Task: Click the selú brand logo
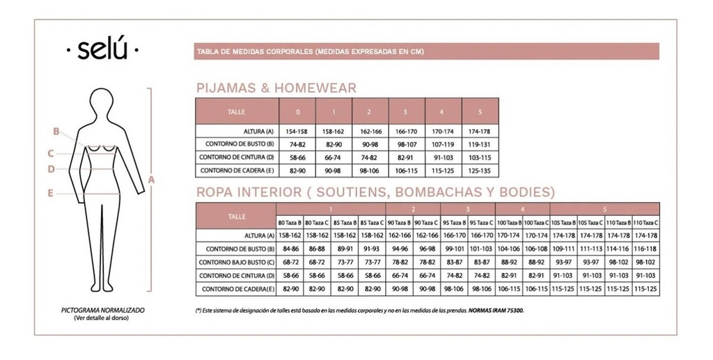pyautogui.click(x=102, y=50)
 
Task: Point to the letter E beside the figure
pyautogui.click(x=51, y=194)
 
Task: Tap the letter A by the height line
pyautogui.click(x=151, y=179)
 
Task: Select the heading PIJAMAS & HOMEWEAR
pyautogui.click(x=276, y=88)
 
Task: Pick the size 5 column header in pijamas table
pyautogui.click(x=480, y=111)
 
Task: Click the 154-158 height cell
pyautogui.click(x=297, y=131)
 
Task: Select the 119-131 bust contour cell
pyautogui.click(x=480, y=144)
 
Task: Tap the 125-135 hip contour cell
pyautogui.click(x=480, y=171)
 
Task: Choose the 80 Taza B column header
pyautogui.click(x=290, y=222)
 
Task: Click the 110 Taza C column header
pyautogui.click(x=645, y=222)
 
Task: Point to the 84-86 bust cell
pyautogui.click(x=290, y=249)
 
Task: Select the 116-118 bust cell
pyautogui.click(x=645, y=249)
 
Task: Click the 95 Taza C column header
pyautogui.click(x=481, y=222)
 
